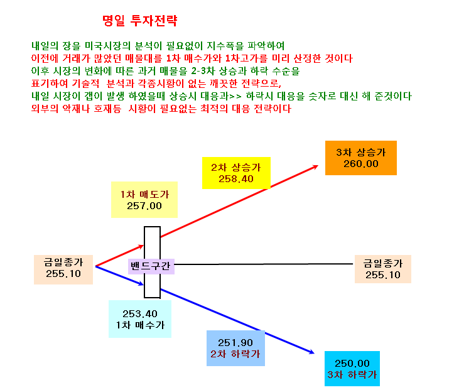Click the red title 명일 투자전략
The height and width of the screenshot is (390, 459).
[139, 21]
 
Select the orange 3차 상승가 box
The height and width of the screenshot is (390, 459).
[361, 158]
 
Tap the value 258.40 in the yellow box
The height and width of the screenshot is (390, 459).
[236, 178]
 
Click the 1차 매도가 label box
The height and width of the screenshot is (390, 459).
[144, 200]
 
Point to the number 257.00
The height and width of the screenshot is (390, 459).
[144, 206]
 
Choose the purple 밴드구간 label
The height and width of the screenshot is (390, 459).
[151, 266]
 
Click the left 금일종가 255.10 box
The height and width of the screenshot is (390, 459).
[63, 269]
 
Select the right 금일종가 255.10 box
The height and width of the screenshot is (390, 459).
[383, 269]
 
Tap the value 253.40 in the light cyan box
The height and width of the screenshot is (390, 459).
[140, 314]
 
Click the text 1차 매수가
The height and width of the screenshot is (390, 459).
[140, 325]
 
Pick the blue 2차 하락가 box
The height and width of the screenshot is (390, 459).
[235, 348]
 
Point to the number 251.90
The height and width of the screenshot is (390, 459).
[235, 342]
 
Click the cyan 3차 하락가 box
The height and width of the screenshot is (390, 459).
[352, 369]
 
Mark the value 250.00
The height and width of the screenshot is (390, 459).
[352, 364]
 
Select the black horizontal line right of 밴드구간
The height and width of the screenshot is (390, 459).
[264, 264]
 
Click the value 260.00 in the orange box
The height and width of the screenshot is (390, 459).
[361, 164]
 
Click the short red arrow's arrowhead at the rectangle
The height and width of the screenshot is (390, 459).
[143, 246]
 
